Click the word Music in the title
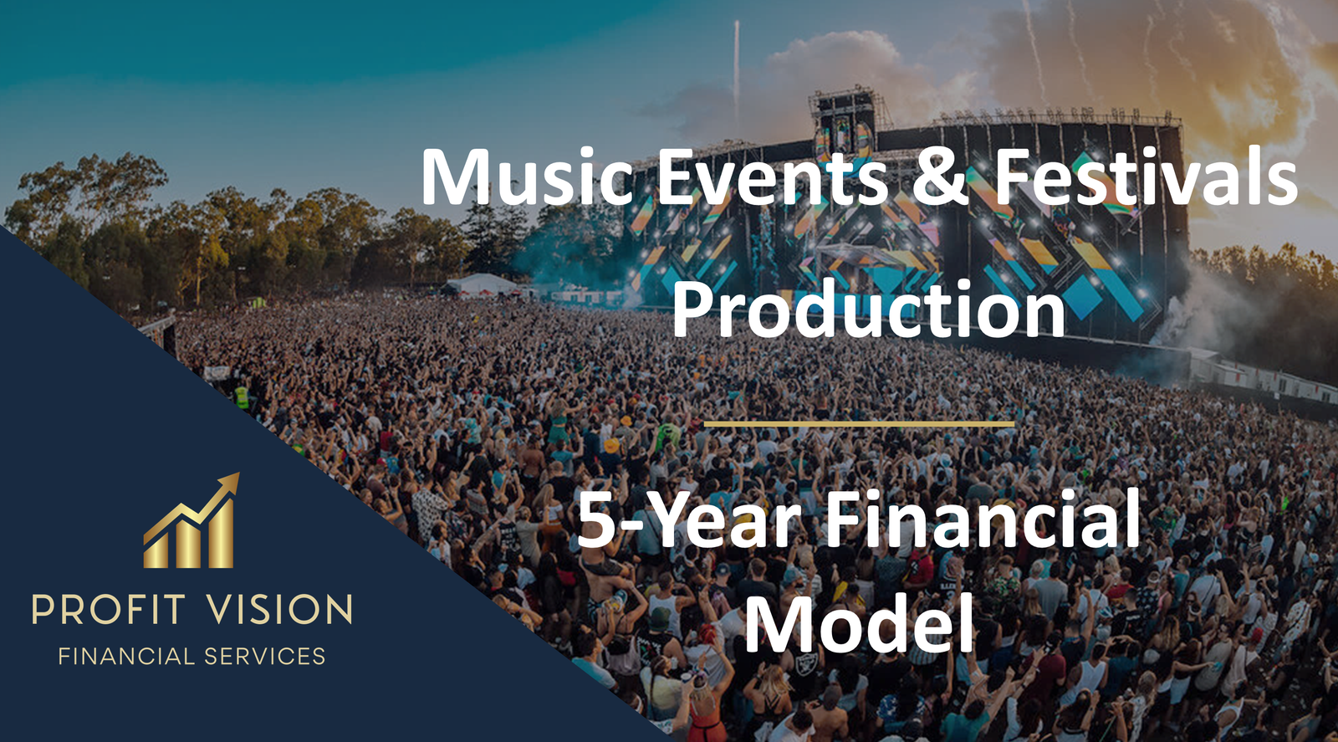tap(527, 177)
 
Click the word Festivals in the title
tap(1145, 176)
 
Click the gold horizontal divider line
tap(859, 424)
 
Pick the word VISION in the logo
tap(279, 609)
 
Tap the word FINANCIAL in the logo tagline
tap(126, 657)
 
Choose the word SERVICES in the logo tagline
tap(264, 657)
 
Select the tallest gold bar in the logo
tap(221, 534)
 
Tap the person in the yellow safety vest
tap(242, 397)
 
